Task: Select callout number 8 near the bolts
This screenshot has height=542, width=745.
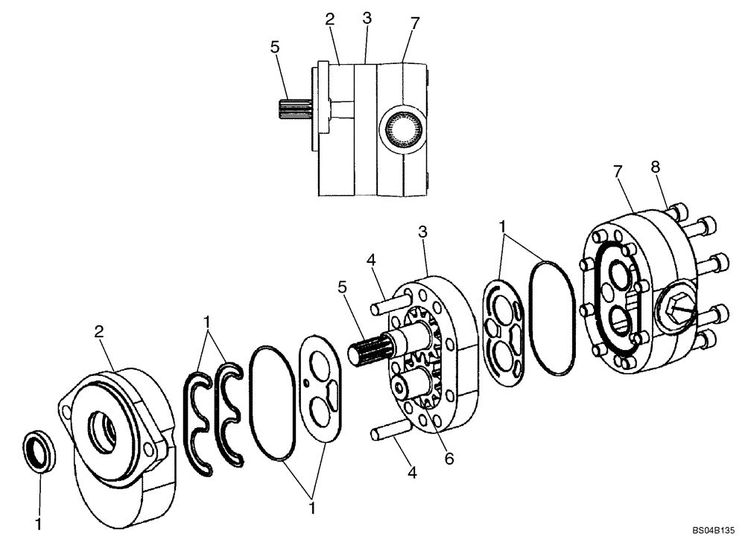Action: pos(656,168)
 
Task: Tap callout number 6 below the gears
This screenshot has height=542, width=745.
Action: pos(448,459)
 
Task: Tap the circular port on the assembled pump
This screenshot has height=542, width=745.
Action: pos(403,131)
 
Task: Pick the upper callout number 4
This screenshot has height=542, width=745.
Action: pos(370,261)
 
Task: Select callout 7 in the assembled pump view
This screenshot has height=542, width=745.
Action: pos(415,24)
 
